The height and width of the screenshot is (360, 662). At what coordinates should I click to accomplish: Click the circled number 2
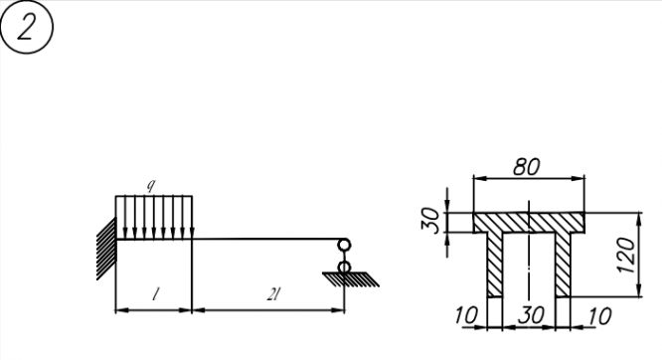coord(27,27)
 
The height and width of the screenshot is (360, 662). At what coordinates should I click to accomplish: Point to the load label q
coord(151,185)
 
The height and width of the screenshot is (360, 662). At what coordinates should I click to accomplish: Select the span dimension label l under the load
coord(156,294)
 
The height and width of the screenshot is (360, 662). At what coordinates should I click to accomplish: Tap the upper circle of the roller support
coord(344,245)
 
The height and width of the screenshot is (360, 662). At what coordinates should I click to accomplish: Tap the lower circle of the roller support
coord(344,268)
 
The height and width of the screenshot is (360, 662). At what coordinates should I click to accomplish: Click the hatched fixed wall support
coord(106,249)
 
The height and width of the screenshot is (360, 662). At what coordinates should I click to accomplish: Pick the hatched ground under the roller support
coord(351,279)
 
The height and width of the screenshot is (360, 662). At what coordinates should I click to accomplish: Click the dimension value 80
coord(527,167)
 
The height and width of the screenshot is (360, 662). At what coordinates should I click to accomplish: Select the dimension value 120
coord(626,256)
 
